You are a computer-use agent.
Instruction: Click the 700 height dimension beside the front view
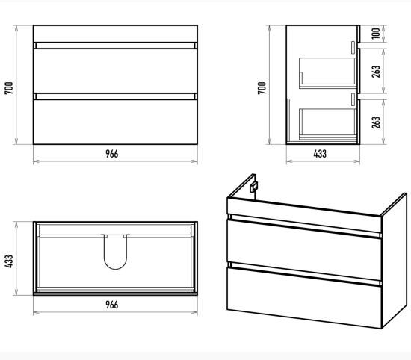(x=9, y=88)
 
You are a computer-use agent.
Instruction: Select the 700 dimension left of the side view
(x=262, y=88)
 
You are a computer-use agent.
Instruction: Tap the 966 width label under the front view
(x=112, y=154)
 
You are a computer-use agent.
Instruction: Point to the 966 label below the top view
(x=112, y=305)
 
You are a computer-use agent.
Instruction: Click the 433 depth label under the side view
(x=320, y=154)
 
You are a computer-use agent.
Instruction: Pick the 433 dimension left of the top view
(x=9, y=261)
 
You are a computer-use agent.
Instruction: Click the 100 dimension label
(x=376, y=34)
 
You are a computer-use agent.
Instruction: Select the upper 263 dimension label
(x=376, y=72)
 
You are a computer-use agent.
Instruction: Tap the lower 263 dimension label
(x=376, y=122)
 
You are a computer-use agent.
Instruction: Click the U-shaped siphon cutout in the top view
(x=115, y=269)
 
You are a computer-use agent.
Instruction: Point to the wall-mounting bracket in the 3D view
(x=253, y=187)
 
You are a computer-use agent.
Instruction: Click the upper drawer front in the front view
(x=115, y=71)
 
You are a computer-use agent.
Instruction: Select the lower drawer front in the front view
(x=115, y=122)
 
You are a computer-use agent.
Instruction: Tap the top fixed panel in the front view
(x=115, y=34)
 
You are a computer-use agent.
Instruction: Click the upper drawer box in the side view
(x=327, y=73)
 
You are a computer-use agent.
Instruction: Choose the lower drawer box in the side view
(x=327, y=124)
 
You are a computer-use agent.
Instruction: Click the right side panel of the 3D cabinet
(x=394, y=261)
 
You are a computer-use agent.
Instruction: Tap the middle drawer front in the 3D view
(x=304, y=250)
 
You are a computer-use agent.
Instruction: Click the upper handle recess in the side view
(x=353, y=48)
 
